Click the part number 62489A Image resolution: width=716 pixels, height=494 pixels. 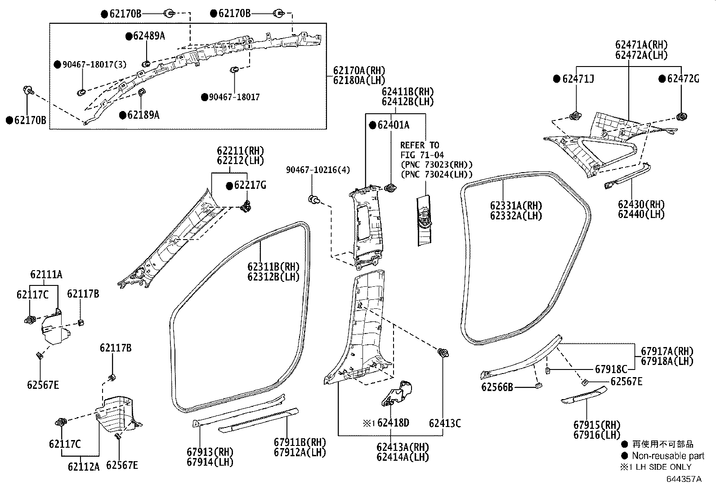pos(149,36)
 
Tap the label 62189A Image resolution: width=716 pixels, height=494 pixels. pos(143,115)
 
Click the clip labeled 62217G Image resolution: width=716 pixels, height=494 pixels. pos(246,207)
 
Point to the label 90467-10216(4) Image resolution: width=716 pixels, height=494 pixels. pos(318,170)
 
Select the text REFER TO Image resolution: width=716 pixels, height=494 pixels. pos(420,145)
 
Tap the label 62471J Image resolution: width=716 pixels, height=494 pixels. pos(578,79)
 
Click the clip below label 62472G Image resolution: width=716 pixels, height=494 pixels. pos(682,117)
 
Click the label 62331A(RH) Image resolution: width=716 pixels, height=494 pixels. pos(516,206)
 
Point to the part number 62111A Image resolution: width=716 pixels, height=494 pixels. pos(46,274)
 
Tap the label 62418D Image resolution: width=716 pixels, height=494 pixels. pos(393,423)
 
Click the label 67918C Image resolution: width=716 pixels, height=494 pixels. pos(611,369)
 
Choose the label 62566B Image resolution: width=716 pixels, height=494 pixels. pos(497,387)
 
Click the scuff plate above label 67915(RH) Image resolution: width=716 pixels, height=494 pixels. pos(584,394)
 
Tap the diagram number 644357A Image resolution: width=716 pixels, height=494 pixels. pos(684,479)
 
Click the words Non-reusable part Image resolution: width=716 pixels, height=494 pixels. pos(668,456)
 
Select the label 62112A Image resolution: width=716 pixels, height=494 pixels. pos(84,467)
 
